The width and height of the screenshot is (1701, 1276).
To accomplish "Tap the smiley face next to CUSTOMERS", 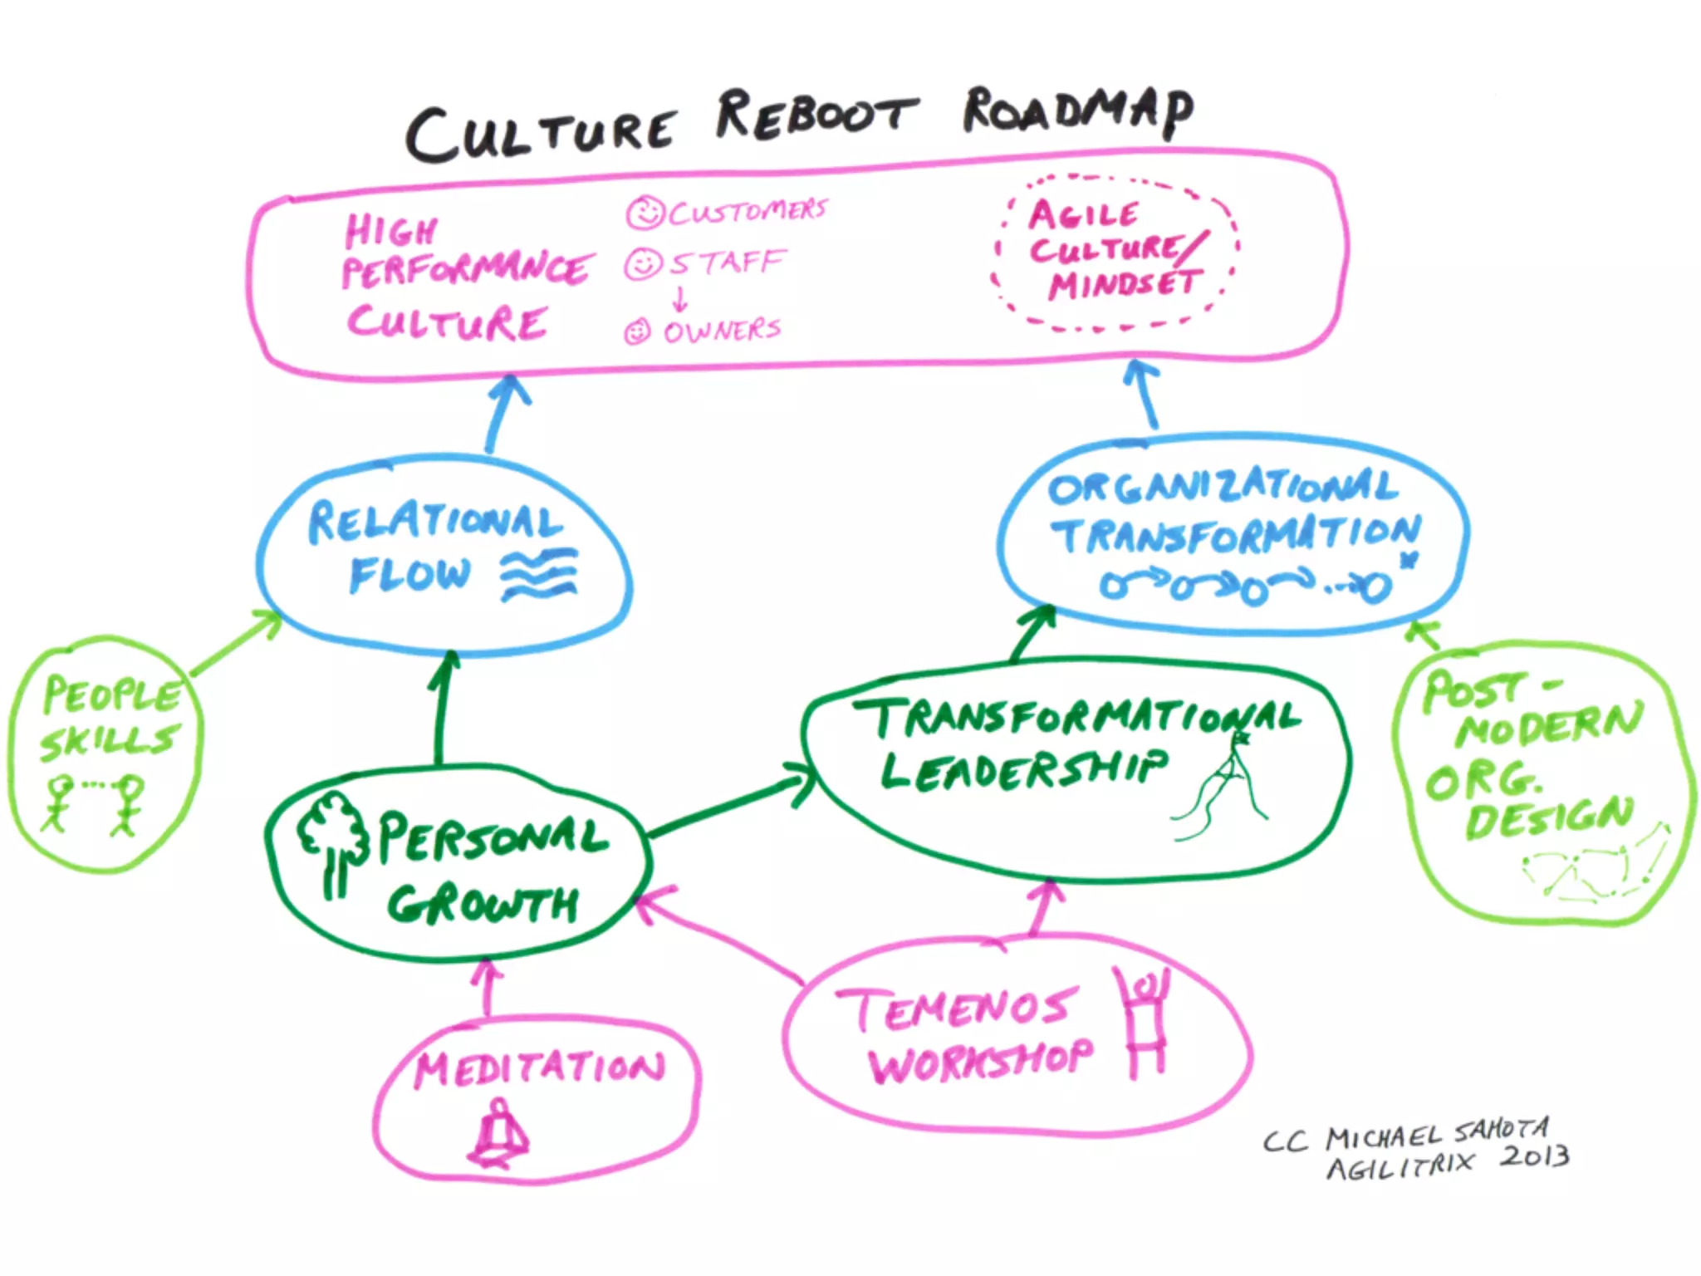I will pos(645,213).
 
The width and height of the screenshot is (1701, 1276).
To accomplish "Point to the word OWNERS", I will pos(722,331).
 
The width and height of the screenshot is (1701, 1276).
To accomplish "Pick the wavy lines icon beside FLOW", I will pos(538,574).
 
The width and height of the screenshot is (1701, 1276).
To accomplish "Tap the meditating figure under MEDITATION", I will pos(499,1135).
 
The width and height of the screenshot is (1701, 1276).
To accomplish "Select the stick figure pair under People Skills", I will pos(92,802).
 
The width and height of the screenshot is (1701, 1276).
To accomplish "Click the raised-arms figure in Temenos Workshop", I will pos(1146,1027).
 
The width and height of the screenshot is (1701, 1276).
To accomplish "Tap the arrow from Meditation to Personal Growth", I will pos(487,989).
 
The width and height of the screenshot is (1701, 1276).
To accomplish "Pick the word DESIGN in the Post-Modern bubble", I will pos(1548,817).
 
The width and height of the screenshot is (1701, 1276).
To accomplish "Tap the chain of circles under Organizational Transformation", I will pos(1246,586).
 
